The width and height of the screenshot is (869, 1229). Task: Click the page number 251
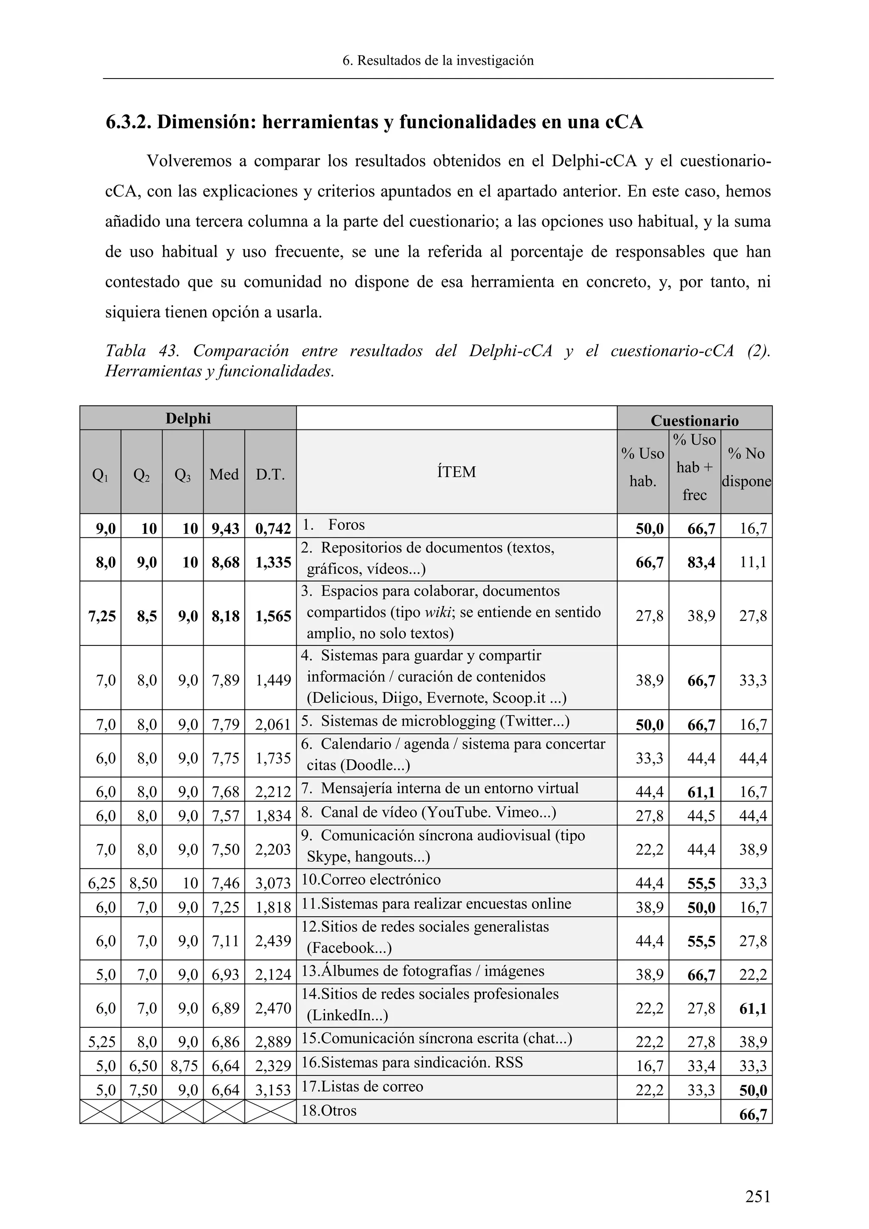coord(758,1196)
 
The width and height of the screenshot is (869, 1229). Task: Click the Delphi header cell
coord(188,418)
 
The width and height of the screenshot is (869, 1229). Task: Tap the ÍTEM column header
coord(456,471)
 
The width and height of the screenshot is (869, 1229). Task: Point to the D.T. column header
coord(270,474)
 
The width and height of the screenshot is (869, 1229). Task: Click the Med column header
coord(224,474)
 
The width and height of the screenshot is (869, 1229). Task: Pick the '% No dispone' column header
coord(746,467)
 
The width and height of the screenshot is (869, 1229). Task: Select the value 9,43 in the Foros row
coord(225,529)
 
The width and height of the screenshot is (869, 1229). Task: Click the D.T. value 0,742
coord(273,529)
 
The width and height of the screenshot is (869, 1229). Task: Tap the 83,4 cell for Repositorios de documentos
coord(701,562)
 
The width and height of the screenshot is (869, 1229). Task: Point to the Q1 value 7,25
coord(102,616)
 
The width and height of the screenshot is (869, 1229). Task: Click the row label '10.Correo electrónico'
coord(371,879)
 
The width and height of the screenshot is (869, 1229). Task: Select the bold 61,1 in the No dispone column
coord(752,1008)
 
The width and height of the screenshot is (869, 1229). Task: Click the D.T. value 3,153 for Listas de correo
coord(273,1090)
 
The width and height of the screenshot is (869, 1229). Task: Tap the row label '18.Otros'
coord(328,1110)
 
